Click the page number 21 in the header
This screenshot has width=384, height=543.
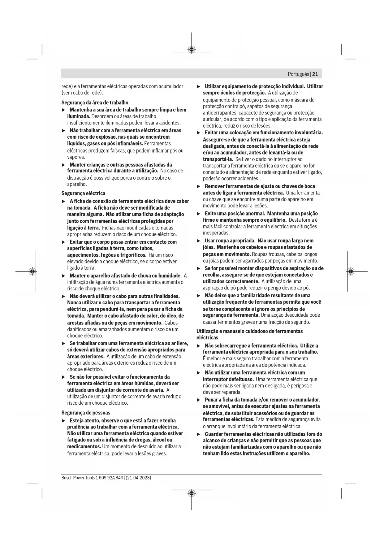(315, 74)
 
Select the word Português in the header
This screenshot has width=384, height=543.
(298, 74)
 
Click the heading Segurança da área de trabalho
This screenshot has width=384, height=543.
(95, 102)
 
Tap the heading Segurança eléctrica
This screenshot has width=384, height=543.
(83, 193)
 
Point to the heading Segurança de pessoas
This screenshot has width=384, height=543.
(86, 413)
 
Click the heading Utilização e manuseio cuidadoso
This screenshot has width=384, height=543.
(249, 331)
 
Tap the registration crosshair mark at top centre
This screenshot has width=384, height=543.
(192, 50)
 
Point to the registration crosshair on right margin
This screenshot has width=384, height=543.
(350, 271)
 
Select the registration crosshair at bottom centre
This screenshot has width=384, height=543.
(192, 493)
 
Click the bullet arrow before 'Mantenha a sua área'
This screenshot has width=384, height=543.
(64, 110)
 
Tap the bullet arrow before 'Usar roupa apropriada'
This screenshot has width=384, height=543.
(199, 241)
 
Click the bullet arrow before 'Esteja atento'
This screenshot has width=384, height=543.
(64, 421)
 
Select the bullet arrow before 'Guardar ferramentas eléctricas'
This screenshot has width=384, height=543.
(199, 434)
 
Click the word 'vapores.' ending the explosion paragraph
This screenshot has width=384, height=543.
(76, 157)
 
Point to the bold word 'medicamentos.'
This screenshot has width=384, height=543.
(84, 447)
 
